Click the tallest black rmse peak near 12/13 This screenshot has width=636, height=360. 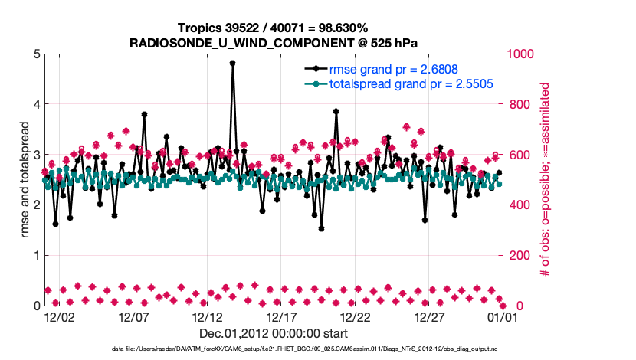pos(232,64)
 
